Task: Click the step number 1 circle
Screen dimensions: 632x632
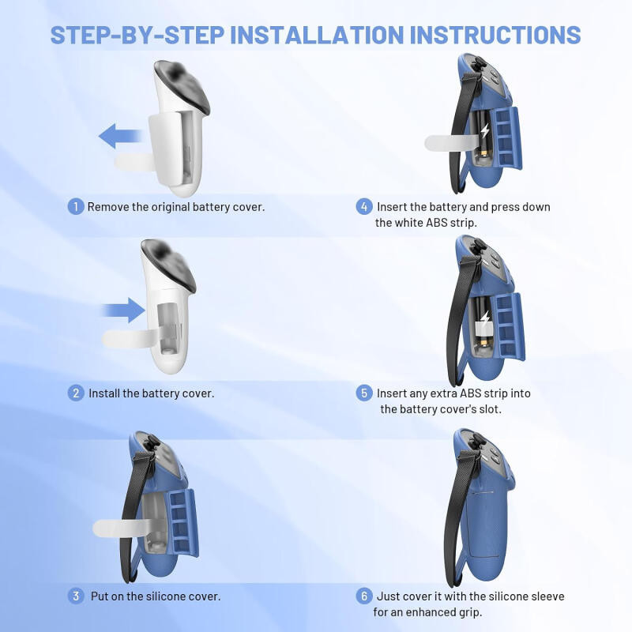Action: pos(75,206)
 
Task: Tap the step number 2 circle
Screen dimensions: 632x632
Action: pos(76,393)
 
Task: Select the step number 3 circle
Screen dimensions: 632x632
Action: pos(76,596)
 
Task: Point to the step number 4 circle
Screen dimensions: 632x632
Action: pos(364,206)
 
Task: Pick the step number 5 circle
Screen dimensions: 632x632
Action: pos(364,393)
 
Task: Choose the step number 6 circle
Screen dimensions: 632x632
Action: pos(364,596)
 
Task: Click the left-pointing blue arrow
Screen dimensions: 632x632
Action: pos(120,136)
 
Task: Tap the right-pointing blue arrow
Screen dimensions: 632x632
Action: pos(123,310)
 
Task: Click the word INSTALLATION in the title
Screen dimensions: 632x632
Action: pos(317,35)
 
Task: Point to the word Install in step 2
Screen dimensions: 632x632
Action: pos(103,393)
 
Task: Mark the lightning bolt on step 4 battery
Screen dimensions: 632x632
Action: pos(485,131)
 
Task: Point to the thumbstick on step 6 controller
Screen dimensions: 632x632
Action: pos(477,441)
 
